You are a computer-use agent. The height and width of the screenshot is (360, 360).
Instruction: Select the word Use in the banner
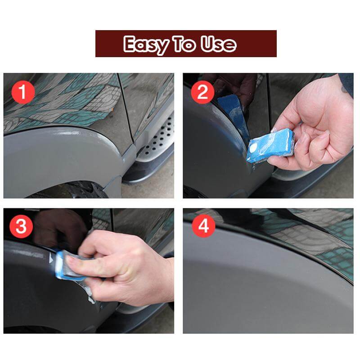click(218, 44)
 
